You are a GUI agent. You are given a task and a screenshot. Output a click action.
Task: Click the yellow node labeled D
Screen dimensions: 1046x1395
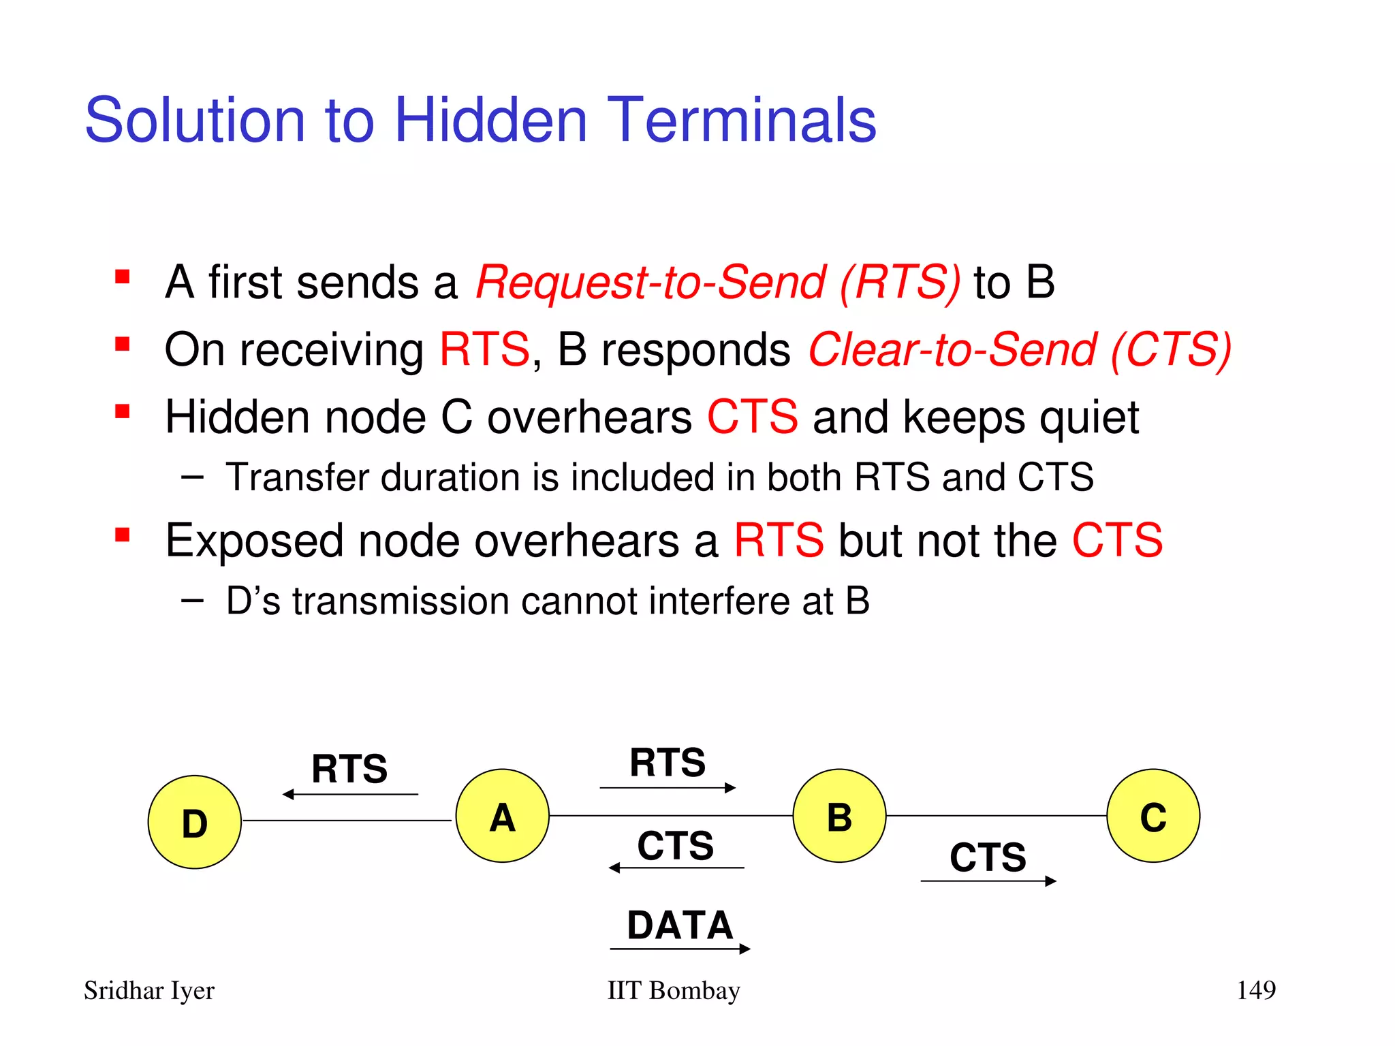pyautogui.click(x=195, y=822)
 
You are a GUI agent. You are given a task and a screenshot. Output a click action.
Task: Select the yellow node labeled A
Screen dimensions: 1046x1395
pyautogui.click(x=502, y=816)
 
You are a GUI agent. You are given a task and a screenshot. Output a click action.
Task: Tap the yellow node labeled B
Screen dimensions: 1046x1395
pyautogui.click(x=839, y=816)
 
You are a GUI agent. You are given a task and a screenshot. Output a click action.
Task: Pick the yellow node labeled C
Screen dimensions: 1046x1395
pyautogui.click(x=1153, y=816)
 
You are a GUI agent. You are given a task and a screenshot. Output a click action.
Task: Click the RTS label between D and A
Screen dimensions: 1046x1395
pyautogui.click(x=349, y=769)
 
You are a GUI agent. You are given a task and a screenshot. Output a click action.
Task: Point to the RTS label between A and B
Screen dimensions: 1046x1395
pyautogui.click(x=668, y=763)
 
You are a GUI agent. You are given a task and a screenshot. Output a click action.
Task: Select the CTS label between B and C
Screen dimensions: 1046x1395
pyautogui.click(x=988, y=857)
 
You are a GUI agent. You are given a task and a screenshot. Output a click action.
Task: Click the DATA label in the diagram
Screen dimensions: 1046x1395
pyautogui.click(x=680, y=925)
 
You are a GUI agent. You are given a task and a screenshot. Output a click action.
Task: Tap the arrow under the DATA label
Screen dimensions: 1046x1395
pyautogui.click(x=680, y=949)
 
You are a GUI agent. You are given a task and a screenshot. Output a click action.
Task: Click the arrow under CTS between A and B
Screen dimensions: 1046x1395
pyautogui.click(x=676, y=868)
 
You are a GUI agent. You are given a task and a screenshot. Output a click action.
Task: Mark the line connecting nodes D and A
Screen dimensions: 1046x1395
pyautogui.click(x=347, y=821)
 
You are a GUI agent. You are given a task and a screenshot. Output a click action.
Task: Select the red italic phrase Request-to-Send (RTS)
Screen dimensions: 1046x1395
pyautogui.click(x=718, y=283)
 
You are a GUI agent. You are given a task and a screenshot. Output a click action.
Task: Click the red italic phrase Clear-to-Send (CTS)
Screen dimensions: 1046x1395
pyautogui.click(x=1020, y=350)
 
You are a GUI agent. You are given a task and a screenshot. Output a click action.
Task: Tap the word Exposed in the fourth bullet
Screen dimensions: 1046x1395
pyautogui.click(x=254, y=541)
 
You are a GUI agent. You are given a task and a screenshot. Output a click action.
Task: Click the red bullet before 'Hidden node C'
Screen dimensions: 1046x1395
pyautogui.click(x=123, y=412)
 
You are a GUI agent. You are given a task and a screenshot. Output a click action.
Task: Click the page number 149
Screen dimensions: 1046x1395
pyautogui.click(x=1255, y=989)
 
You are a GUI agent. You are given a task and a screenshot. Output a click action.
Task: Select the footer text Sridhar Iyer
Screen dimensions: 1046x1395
pyautogui.click(x=149, y=991)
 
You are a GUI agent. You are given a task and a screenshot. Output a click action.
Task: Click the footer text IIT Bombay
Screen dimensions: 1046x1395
pyautogui.click(x=673, y=991)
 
